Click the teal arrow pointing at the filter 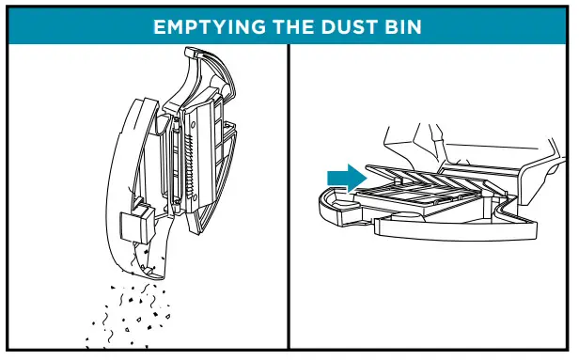click(x=346, y=177)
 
